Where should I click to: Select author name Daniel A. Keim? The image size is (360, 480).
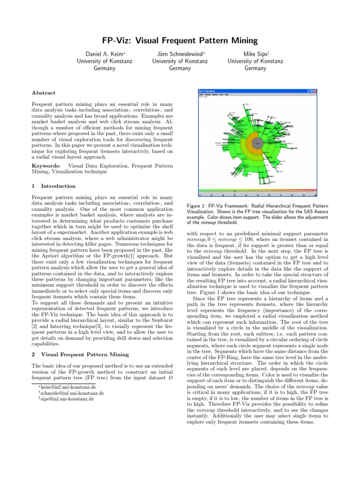pyautogui.click(x=105, y=54)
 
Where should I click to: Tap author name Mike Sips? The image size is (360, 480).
pyautogui.click(x=255, y=54)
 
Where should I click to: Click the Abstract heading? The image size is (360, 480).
pyautogui.click(x=43, y=93)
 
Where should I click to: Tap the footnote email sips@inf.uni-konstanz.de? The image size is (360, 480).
pyautogui.click(x=67, y=399)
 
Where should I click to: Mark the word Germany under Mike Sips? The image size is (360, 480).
pyautogui.click(x=255, y=68)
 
